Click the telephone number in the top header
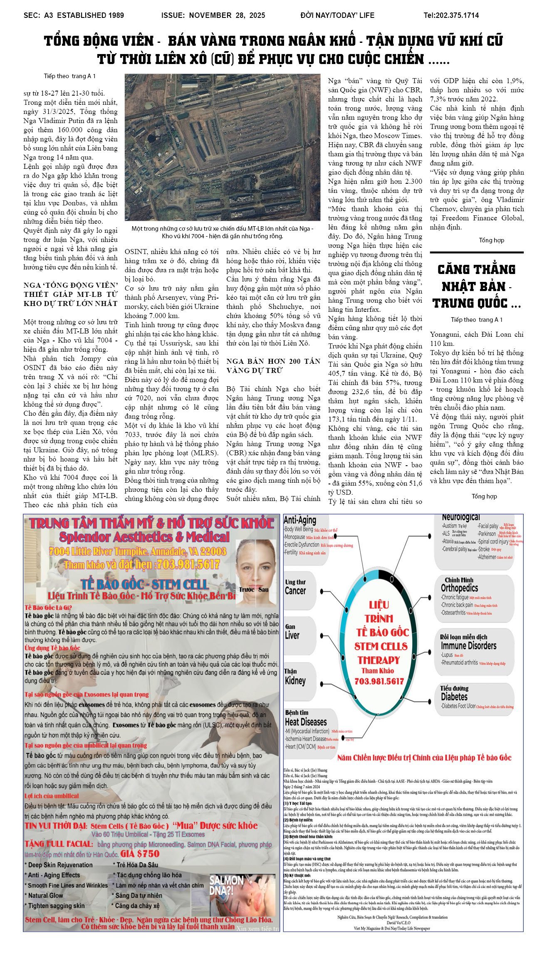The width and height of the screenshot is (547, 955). (451, 15)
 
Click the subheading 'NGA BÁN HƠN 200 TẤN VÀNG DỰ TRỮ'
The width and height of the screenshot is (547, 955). (273, 365)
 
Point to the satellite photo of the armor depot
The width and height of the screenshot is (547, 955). (223, 147)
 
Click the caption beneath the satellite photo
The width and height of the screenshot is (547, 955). (223, 232)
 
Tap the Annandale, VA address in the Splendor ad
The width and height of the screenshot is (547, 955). (137, 551)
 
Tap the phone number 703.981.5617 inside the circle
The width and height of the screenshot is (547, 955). (379, 681)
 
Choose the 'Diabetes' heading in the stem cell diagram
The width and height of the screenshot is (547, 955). (454, 697)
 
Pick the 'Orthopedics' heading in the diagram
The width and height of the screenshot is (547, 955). (459, 588)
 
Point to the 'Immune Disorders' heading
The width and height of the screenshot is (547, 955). (468, 646)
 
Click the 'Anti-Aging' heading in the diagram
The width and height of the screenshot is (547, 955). (299, 520)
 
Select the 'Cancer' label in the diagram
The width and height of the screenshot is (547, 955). (295, 591)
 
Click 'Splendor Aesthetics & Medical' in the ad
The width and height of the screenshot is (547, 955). (144, 537)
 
